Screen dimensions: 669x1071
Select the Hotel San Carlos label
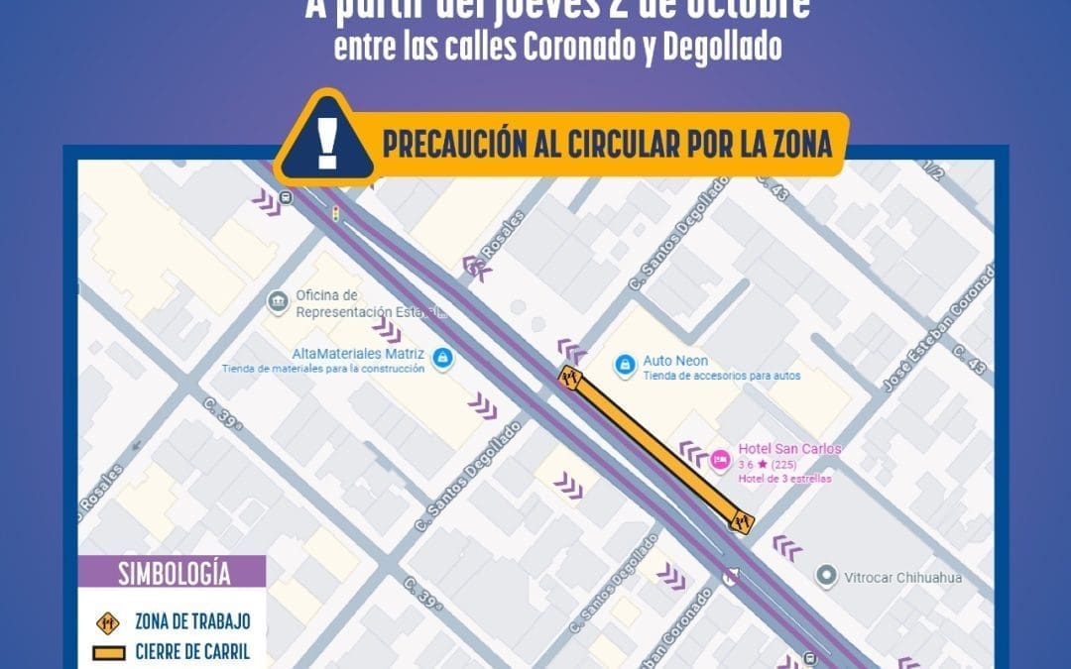(789, 449)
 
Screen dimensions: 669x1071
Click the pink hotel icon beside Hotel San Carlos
(721, 459)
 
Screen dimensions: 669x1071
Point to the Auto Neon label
(675, 361)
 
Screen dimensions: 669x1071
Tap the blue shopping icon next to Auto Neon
(625, 365)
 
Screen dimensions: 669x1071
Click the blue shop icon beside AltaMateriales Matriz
(442, 358)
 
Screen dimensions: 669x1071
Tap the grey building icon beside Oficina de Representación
(279, 299)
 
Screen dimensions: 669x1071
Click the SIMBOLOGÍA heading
(174, 573)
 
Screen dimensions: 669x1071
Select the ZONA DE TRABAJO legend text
(192, 621)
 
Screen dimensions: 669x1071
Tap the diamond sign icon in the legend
(107, 621)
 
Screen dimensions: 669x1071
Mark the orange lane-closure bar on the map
(654, 448)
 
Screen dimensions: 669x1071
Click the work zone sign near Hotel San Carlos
(740, 520)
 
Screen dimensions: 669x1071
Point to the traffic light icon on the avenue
(334, 213)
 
